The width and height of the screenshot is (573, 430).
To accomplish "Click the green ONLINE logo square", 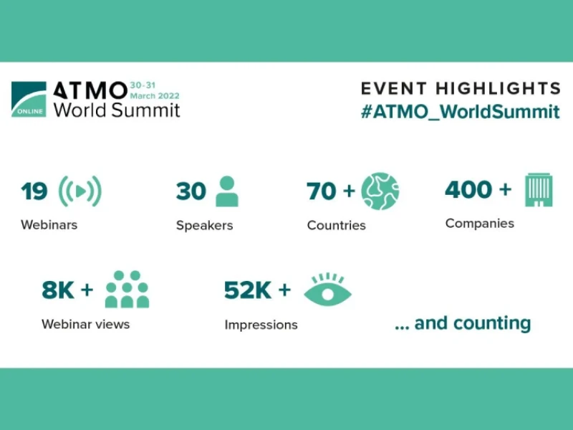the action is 29,99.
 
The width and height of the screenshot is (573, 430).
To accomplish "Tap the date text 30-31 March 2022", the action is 155,91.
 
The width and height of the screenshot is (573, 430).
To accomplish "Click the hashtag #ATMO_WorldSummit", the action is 461,112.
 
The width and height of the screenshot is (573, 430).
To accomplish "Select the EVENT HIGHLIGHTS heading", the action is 461,88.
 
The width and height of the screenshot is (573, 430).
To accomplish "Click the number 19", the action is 34,191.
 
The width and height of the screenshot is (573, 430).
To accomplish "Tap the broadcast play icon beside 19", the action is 80,191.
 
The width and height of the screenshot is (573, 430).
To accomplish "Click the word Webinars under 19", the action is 49,224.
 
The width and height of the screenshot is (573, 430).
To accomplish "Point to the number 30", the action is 191,191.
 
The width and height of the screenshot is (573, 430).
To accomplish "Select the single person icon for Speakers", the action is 227,191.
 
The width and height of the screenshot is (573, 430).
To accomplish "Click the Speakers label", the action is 204,225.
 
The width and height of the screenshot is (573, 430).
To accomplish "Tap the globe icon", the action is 380,191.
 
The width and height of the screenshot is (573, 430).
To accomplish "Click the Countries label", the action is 336,225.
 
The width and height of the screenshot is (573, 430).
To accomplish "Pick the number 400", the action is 468,190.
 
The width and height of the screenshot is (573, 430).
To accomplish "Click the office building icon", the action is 539,190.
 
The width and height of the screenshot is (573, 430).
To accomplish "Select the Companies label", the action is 479,224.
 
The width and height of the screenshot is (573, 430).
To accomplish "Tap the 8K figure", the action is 58,290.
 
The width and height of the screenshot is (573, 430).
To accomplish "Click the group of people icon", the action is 127,290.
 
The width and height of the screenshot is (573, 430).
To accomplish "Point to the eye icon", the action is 327,290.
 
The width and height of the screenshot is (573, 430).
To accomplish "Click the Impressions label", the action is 261,325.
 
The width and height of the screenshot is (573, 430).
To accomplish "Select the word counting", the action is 492,324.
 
